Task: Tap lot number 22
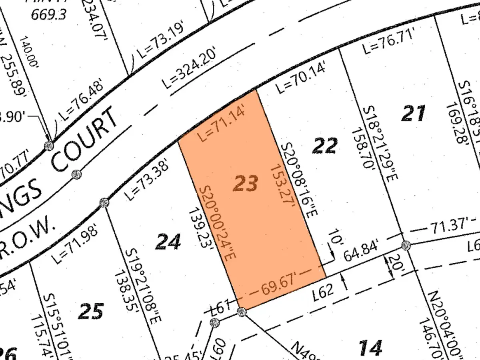[x=325, y=145]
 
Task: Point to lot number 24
[x=168, y=241]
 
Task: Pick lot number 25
[x=91, y=311]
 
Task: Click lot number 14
[x=370, y=348]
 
